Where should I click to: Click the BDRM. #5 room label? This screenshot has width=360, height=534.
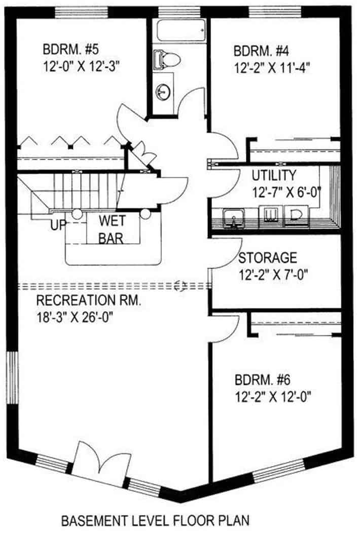click(70, 49)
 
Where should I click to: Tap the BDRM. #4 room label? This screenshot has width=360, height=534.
click(261, 51)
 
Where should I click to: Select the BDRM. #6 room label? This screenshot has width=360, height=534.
click(263, 379)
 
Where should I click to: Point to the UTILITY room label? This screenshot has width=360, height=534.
click(274, 175)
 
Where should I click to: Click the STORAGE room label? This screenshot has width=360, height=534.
click(267, 258)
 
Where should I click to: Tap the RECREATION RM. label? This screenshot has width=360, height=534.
click(88, 300)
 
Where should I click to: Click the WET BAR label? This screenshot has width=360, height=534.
click(112, 230)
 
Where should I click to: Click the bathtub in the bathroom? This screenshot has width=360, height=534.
click(182, 30)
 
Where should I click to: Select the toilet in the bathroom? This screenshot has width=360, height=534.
click(167, 60)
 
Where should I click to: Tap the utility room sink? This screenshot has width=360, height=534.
click(233, 218)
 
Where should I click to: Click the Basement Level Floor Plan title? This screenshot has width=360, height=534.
click(155, 521)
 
